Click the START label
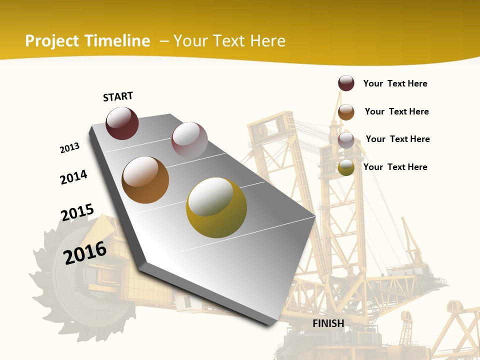118,96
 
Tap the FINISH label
328,323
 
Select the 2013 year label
69,148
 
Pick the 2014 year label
73,177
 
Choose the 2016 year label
85,252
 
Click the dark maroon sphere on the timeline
122,123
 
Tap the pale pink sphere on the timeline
189,139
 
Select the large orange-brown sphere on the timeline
145,180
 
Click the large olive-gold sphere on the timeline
216,207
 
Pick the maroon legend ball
346,83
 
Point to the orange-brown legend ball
346,112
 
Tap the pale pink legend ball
346,140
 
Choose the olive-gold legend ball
346,167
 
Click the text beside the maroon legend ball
395,83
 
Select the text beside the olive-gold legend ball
395,167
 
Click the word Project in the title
52,41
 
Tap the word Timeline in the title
117,41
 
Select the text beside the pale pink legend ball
397,139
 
